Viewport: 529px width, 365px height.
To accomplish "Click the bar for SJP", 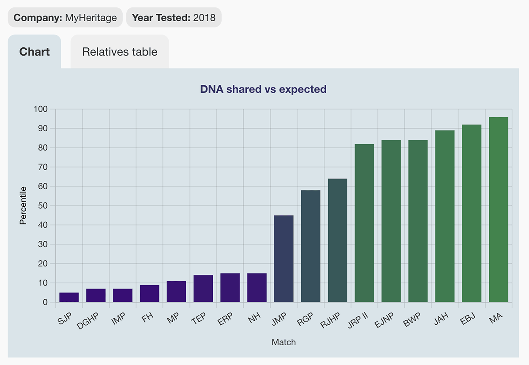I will coord(69,297).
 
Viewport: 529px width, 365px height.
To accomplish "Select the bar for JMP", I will coord(283,259).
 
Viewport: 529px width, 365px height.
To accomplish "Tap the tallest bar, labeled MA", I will coord(499,209).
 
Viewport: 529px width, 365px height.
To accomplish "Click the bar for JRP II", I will coord(364,223).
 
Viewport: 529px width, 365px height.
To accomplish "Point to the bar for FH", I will coord(149,293).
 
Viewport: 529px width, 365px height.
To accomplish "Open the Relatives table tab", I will coord(120,52).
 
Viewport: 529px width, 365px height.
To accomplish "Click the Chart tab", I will coord(34,52).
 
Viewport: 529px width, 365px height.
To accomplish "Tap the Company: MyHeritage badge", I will coord(65,18).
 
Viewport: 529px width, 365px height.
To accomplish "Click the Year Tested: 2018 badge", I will coord(174,18).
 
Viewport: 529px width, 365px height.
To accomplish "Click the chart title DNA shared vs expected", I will coord(263,89).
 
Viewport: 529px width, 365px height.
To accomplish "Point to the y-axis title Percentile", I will coord(23,205).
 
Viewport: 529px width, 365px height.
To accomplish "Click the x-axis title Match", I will coord(283,342).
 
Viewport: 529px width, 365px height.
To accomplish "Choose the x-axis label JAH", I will coord(441,318).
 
